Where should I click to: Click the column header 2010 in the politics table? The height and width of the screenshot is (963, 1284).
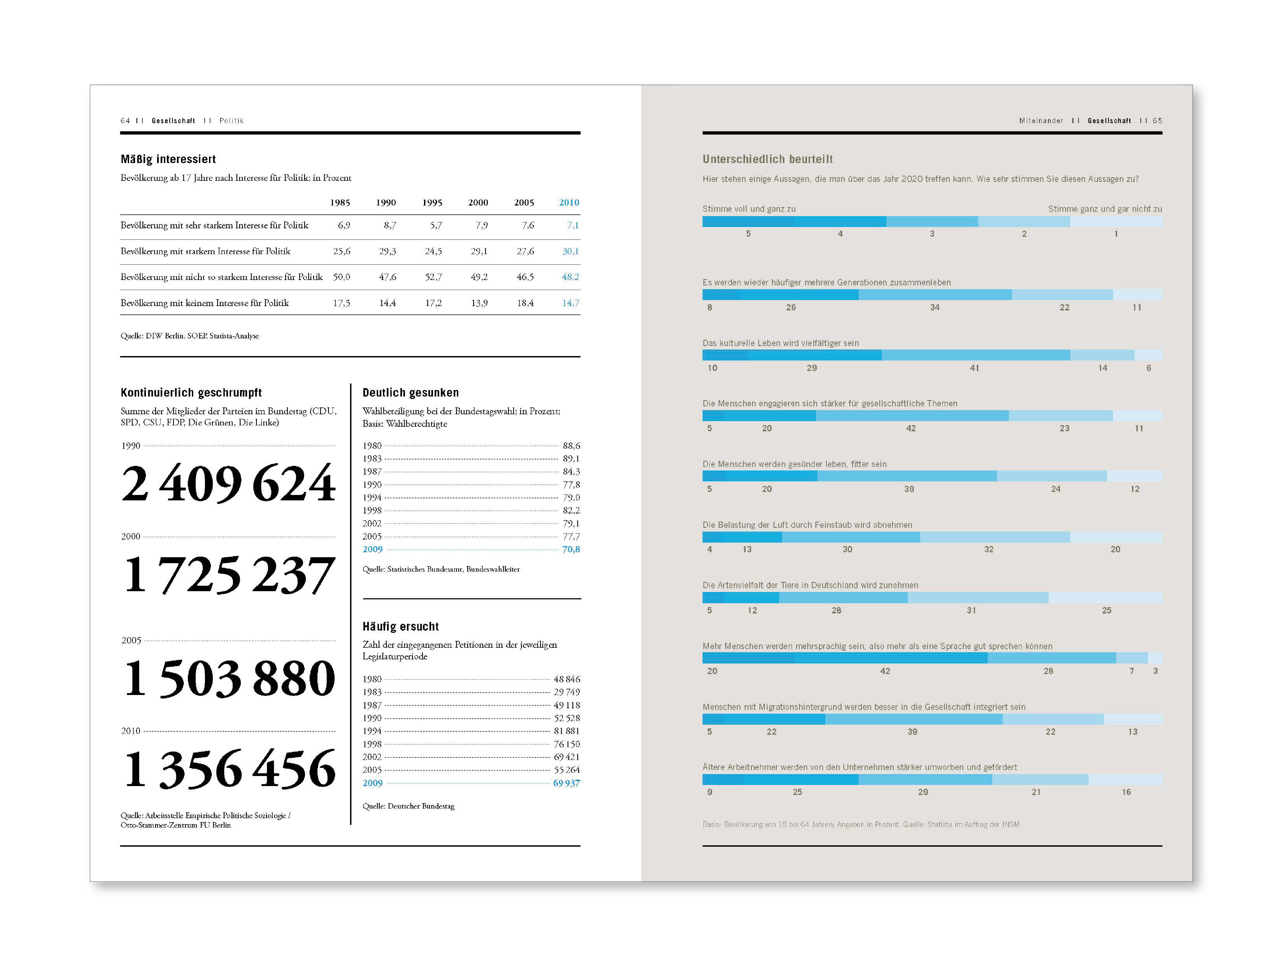click(569, 202)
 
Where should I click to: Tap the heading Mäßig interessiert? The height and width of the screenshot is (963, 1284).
click(168, 159)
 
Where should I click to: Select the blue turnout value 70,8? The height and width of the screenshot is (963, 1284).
click(571, 549)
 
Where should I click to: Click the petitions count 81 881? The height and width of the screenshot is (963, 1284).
click(566, 731)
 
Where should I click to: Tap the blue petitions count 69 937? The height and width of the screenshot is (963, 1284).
click(566, 783)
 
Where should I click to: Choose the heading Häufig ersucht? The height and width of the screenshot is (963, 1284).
click(401, 626)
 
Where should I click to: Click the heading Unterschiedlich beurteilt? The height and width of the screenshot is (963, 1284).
click(767, 159)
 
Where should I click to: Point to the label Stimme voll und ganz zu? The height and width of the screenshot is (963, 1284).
click(749, 209)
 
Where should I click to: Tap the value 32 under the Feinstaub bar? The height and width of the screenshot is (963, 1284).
click(989, 549)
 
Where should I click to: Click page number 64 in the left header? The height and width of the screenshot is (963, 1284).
click(125, 121)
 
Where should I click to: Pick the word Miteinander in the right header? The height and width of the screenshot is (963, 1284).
click(1041, 121)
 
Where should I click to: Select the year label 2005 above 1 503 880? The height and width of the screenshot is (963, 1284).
click(131, 640)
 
